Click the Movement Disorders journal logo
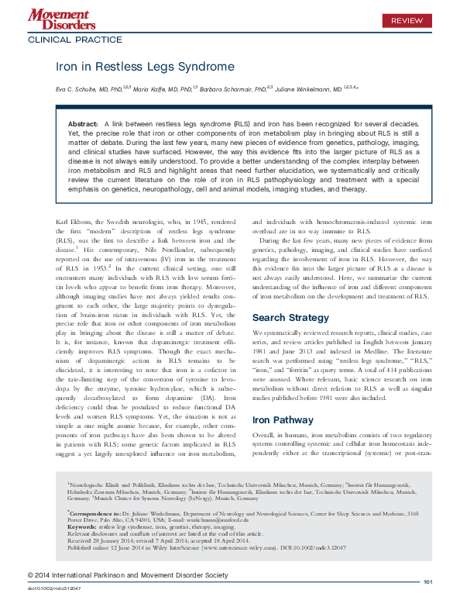(59, 17)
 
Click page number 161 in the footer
(427, 604)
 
